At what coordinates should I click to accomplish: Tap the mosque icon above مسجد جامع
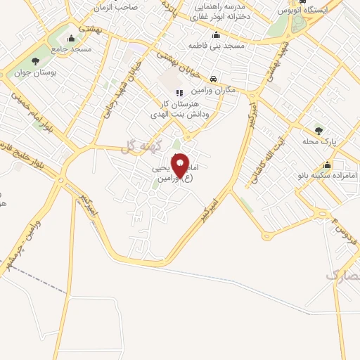tap(71, 39)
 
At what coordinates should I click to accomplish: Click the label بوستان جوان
tap(37, 73)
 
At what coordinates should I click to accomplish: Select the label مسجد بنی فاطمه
tap(215, 46)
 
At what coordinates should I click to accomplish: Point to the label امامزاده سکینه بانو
tap(327, 174)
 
